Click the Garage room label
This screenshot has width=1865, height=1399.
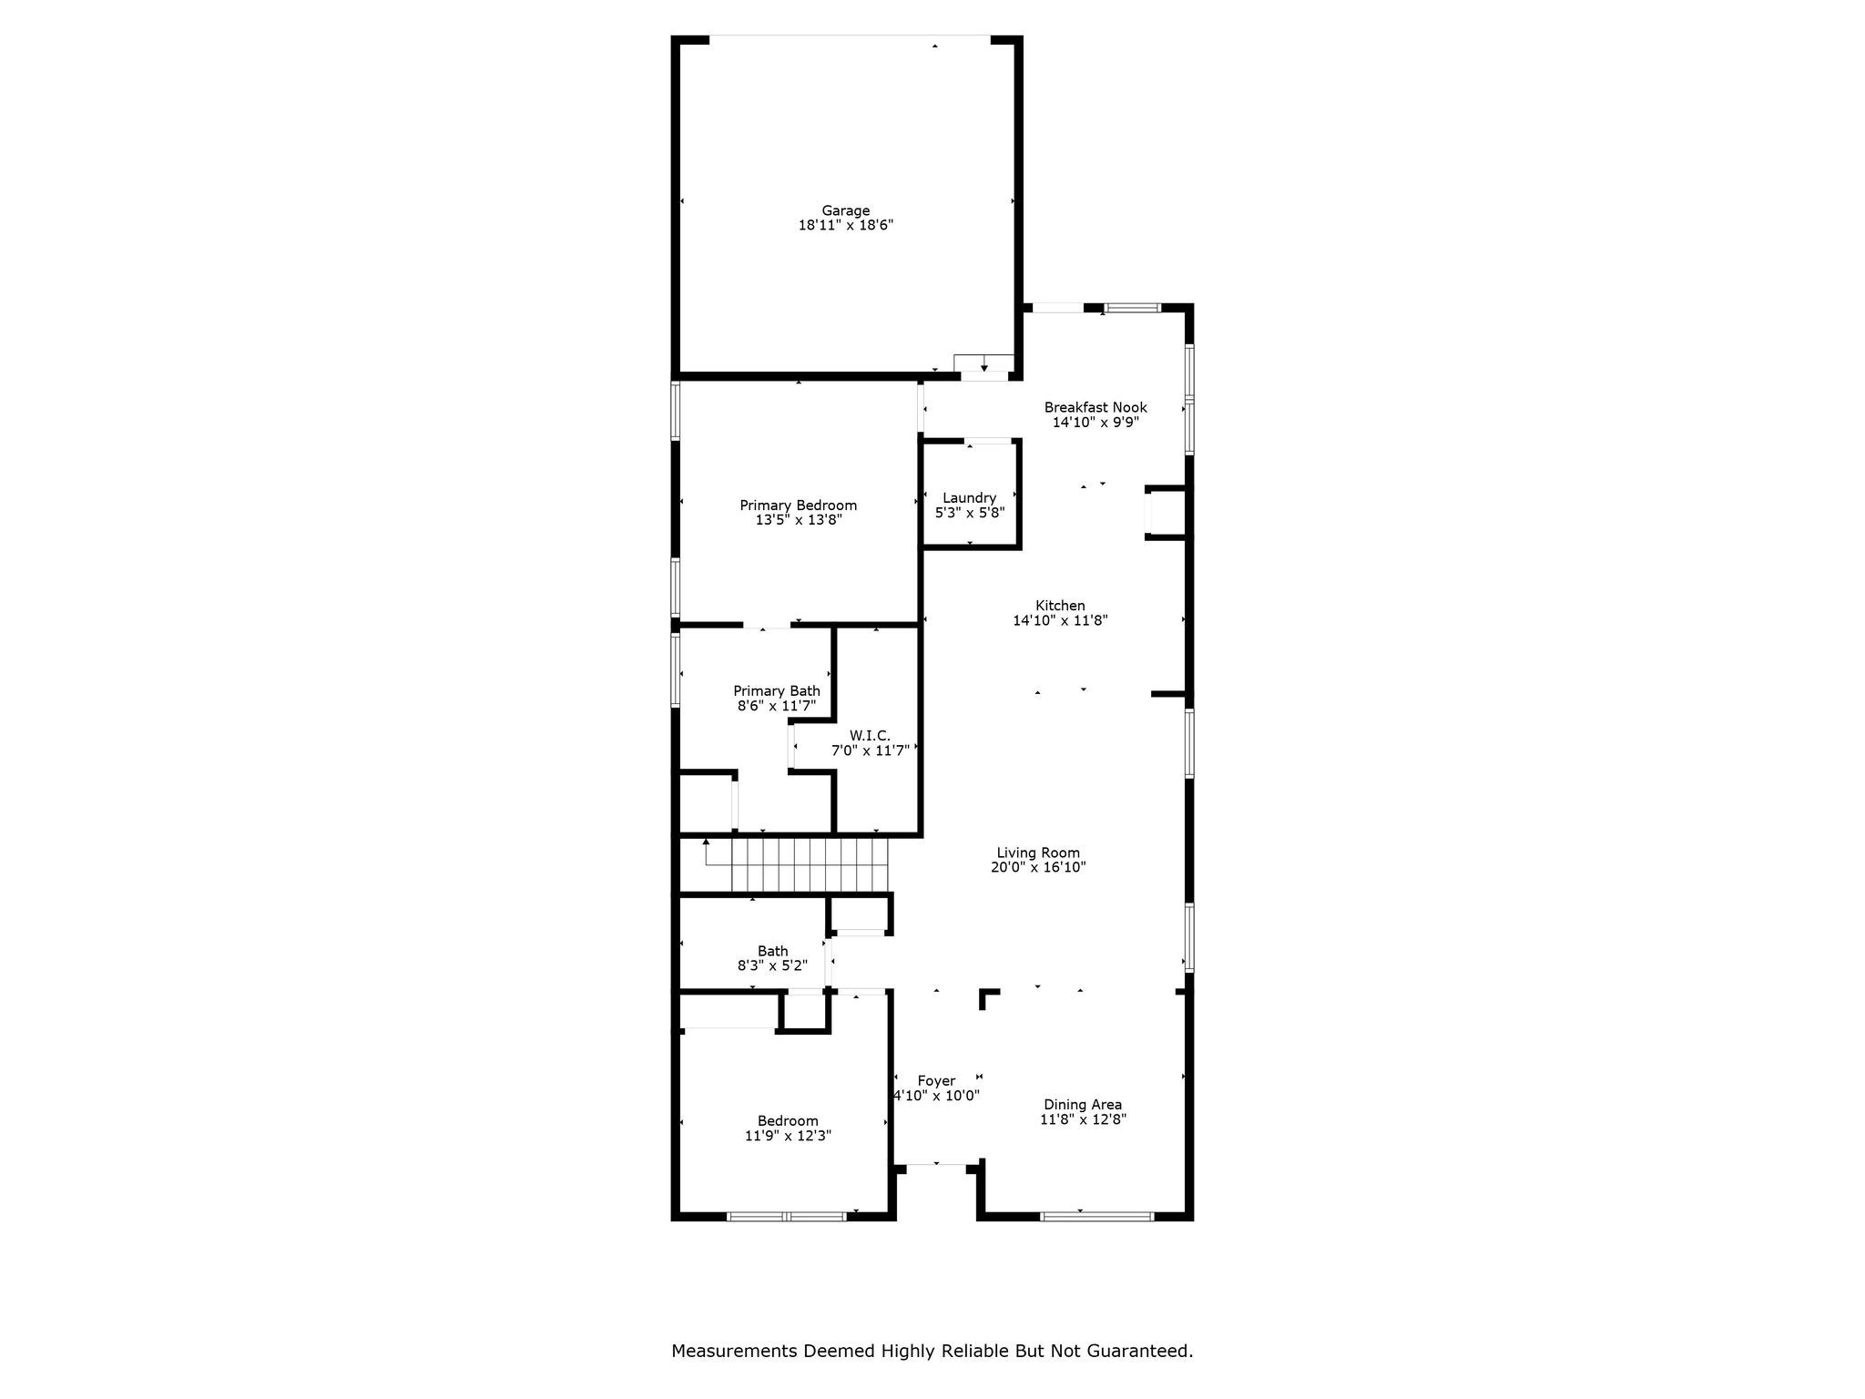845,210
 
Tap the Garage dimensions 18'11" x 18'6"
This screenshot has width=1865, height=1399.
845,225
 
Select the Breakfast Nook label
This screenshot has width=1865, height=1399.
1095,407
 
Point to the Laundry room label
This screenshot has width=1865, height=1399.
969,497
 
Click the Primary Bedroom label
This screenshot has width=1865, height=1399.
798,505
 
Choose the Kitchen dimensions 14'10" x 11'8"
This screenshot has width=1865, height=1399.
1060,620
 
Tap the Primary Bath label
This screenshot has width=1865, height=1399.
776,691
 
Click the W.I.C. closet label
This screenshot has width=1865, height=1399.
870,736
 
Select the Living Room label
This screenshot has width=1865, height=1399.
1037,853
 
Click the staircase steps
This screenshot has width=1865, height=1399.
809,864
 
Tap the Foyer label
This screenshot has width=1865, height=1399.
936,1081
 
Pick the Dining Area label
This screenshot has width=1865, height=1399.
1082,1105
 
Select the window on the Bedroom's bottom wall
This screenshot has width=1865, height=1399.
786,1216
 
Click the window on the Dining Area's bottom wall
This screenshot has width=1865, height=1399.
1096,1216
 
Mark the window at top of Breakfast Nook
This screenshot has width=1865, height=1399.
1132,308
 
